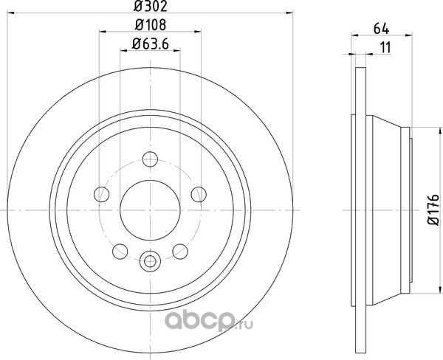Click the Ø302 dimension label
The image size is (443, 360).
coord(151,6)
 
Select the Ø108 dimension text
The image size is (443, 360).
coord(151,25)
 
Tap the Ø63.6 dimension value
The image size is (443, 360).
coord(151,44)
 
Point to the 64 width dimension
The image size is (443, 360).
coord(382,29)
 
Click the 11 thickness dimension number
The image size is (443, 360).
coord(385,47)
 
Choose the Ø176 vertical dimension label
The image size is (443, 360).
coord(433,210)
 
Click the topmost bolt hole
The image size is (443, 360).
coord(150,159)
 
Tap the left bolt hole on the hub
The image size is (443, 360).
coord(101,194)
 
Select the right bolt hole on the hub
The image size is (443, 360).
coord(199,194)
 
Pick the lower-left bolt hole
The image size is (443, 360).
coord(120,252)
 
